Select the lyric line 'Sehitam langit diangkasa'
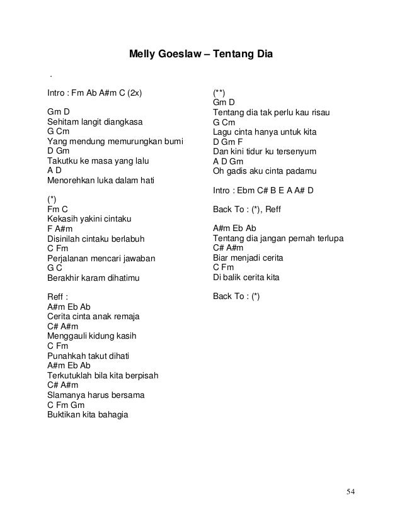95,122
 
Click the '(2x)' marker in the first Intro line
132,93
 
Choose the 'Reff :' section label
58,297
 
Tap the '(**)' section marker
220,93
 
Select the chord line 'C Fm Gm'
66,405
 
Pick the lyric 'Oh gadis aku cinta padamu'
265,171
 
